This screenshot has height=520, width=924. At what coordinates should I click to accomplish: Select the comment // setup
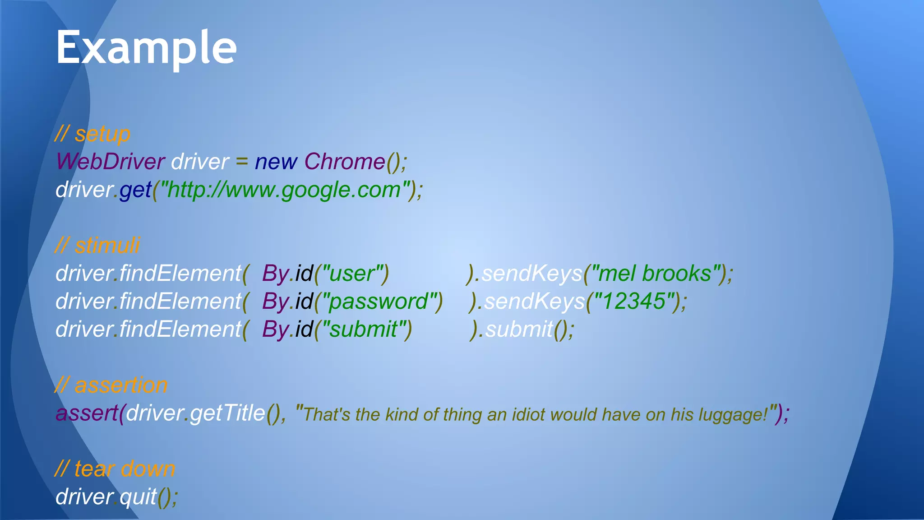92,134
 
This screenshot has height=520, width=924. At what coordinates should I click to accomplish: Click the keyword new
276,162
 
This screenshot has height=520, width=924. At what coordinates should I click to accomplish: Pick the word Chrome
345,162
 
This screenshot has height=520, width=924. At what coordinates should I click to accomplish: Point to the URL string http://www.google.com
283,190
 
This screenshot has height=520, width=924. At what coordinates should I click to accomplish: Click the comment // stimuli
97,246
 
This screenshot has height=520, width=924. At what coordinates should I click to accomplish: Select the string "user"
351,274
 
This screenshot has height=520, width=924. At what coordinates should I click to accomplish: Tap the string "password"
379,302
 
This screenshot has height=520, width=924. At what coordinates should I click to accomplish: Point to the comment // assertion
111,385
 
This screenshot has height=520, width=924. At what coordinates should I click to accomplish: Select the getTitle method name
227,413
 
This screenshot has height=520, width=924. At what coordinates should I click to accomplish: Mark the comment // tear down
115,469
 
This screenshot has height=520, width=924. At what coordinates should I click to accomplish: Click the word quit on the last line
138,497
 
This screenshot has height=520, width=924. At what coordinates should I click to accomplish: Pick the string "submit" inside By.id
363,330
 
